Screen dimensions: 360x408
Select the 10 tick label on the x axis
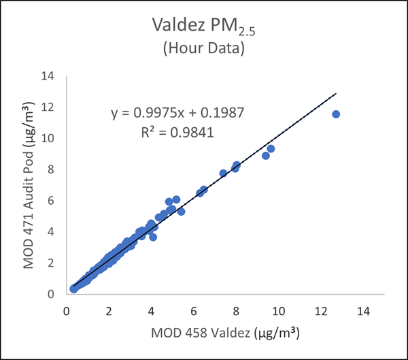279,310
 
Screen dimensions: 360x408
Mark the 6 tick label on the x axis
194,310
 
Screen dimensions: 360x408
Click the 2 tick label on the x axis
109,310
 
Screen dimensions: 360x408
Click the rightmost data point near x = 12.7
336,114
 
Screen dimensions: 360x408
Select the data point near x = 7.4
223,174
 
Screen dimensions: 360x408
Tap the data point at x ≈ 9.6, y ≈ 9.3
271,148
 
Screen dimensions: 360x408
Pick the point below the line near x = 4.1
153,237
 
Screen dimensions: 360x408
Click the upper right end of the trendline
336,94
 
